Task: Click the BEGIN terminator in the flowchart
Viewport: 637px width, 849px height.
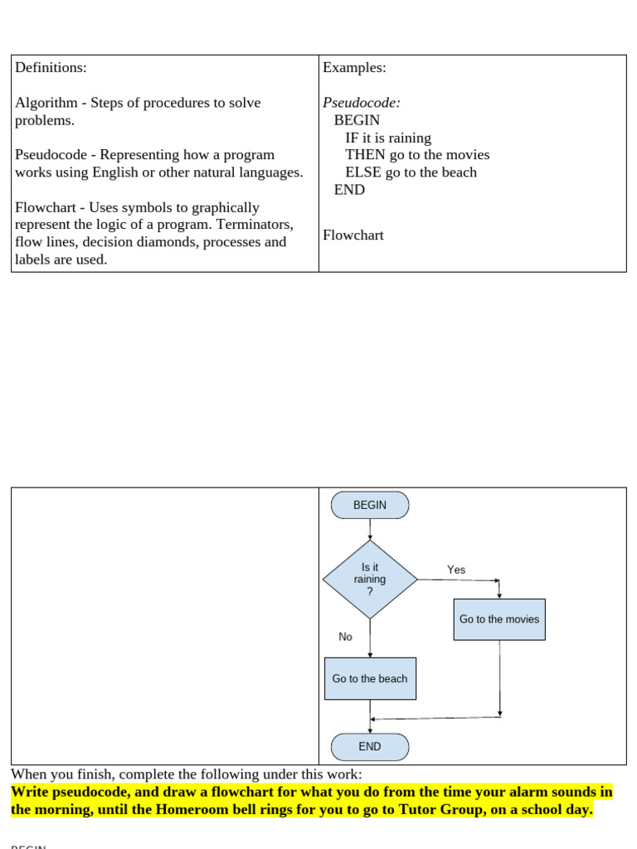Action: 370,505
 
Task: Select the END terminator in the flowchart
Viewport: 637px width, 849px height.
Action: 370,747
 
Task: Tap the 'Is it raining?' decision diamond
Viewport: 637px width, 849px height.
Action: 370,580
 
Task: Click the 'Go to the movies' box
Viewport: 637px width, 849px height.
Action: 499,619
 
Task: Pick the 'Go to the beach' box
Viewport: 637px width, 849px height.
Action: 371,678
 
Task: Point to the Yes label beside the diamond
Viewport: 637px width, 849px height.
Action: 456,570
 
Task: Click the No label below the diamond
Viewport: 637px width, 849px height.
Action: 345,637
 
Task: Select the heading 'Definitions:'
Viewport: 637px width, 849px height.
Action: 51,68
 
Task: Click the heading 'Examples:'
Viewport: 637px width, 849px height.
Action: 355,68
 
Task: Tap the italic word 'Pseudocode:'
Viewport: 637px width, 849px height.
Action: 362,103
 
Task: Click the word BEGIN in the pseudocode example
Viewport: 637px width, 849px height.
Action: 357,120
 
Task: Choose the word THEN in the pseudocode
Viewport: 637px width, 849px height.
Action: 366,155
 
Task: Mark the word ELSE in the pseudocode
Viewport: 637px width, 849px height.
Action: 363,172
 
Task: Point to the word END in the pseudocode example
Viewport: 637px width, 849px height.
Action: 349,190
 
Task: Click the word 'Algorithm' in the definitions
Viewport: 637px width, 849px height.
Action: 46,103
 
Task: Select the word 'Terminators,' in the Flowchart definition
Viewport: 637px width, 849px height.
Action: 255,224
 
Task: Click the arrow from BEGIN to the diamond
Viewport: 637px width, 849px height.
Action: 370,530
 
